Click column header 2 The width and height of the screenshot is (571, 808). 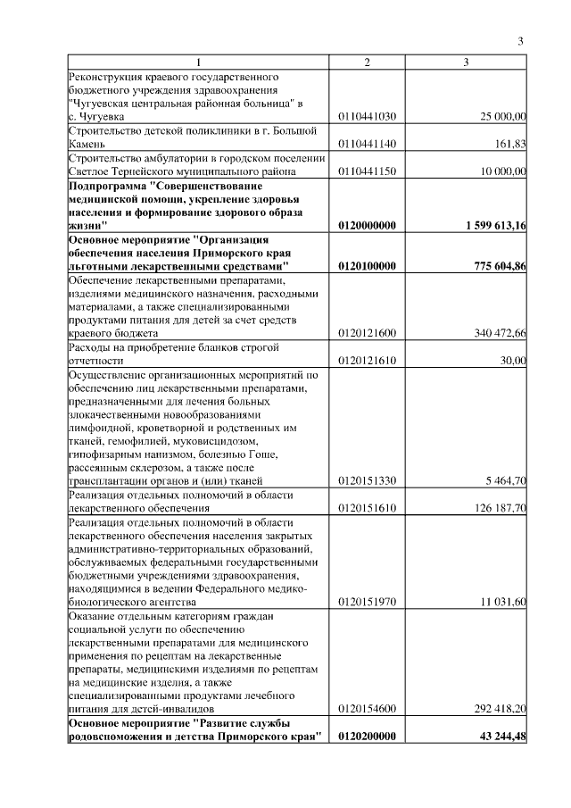pyautogui.click(x=367, y=62)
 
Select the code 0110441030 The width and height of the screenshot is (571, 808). pyautogui.click(x=368, y=116)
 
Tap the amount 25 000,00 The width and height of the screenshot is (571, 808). pyautogui.click(x=503, y=116)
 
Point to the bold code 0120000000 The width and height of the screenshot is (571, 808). pyautogui.click(x=368, y=226)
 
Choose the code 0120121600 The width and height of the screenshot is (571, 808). pyautogui.click(x=368, y=334)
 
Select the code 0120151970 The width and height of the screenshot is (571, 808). pyautogui.click(x=368, y=604)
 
